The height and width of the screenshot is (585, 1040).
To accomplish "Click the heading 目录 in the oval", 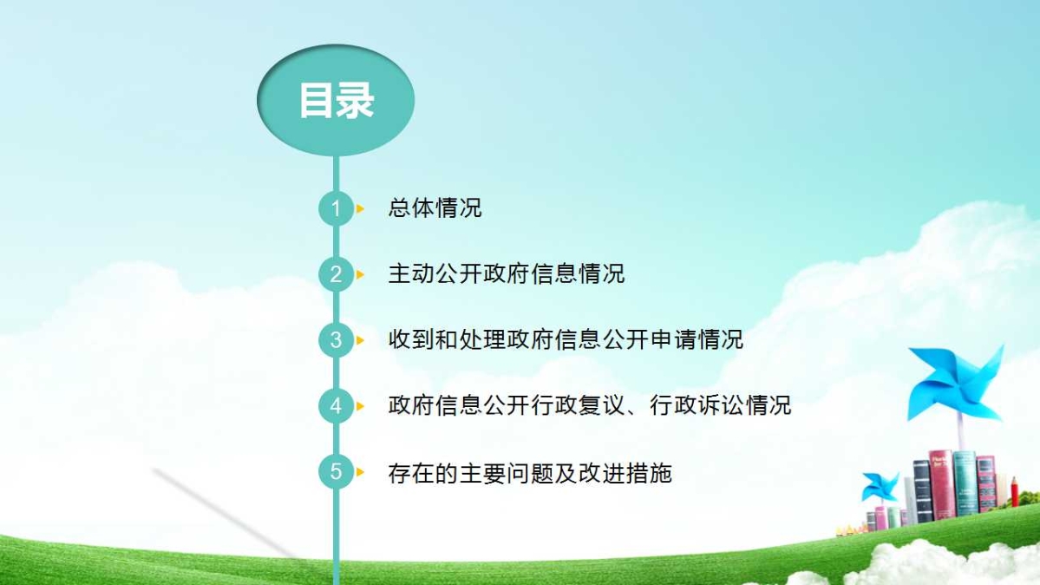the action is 337,101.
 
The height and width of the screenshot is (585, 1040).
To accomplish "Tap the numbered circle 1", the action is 336,208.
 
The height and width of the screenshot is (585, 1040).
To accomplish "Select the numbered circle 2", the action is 336,274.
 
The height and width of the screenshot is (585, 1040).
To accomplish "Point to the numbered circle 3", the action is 336,340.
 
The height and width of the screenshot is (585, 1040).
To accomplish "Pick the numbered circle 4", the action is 336,405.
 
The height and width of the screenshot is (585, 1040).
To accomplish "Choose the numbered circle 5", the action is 336,471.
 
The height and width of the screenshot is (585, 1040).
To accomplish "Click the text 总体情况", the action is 435,207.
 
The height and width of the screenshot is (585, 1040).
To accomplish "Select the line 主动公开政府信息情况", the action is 507,273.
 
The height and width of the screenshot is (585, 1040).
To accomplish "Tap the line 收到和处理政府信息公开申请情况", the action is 566,339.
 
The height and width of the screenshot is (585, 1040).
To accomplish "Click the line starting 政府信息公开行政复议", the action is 590,405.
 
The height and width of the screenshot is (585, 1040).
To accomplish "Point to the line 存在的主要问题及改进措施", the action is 530,473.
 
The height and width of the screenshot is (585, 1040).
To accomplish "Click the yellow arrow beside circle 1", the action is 360,208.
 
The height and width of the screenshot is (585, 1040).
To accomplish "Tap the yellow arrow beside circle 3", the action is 360,340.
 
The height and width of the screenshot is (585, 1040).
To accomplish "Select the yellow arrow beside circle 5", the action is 360,471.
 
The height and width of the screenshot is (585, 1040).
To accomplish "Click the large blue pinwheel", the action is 956,383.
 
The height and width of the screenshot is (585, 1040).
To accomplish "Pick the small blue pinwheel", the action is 880,487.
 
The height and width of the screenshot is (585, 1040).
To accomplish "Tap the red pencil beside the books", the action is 1014,492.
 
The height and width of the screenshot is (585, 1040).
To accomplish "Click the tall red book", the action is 942,484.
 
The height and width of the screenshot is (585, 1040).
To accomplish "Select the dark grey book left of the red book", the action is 923,491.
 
